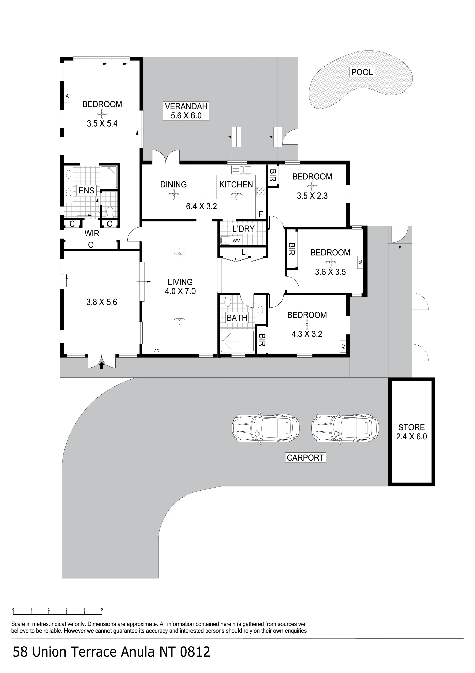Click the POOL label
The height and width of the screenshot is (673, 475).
[362, 72]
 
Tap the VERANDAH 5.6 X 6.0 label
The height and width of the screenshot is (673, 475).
[186, 111]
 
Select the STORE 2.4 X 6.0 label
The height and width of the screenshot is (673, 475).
[412, 432]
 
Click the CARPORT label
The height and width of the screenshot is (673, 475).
[305, 458]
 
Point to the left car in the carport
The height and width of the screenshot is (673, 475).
[265, 427]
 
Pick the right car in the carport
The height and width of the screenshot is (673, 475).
[345, 427]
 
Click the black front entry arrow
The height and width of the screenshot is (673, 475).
[102, 365]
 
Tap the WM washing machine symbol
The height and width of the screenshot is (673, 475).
[236, 241]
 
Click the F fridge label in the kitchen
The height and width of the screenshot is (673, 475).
[260, 214]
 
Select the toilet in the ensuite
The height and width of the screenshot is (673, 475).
[110, 211]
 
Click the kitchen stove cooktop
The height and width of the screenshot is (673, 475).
[261, 191]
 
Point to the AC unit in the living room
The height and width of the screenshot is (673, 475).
[156, 351]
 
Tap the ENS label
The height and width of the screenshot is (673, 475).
[86, 190]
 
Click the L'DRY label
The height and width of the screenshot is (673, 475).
[244, 229]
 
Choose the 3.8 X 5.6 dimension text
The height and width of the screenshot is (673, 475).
[102, 302]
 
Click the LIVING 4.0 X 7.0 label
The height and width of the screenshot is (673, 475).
[180, 287]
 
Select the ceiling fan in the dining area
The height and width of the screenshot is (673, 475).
[174, 194]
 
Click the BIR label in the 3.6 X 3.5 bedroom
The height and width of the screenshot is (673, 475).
[292, 249]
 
